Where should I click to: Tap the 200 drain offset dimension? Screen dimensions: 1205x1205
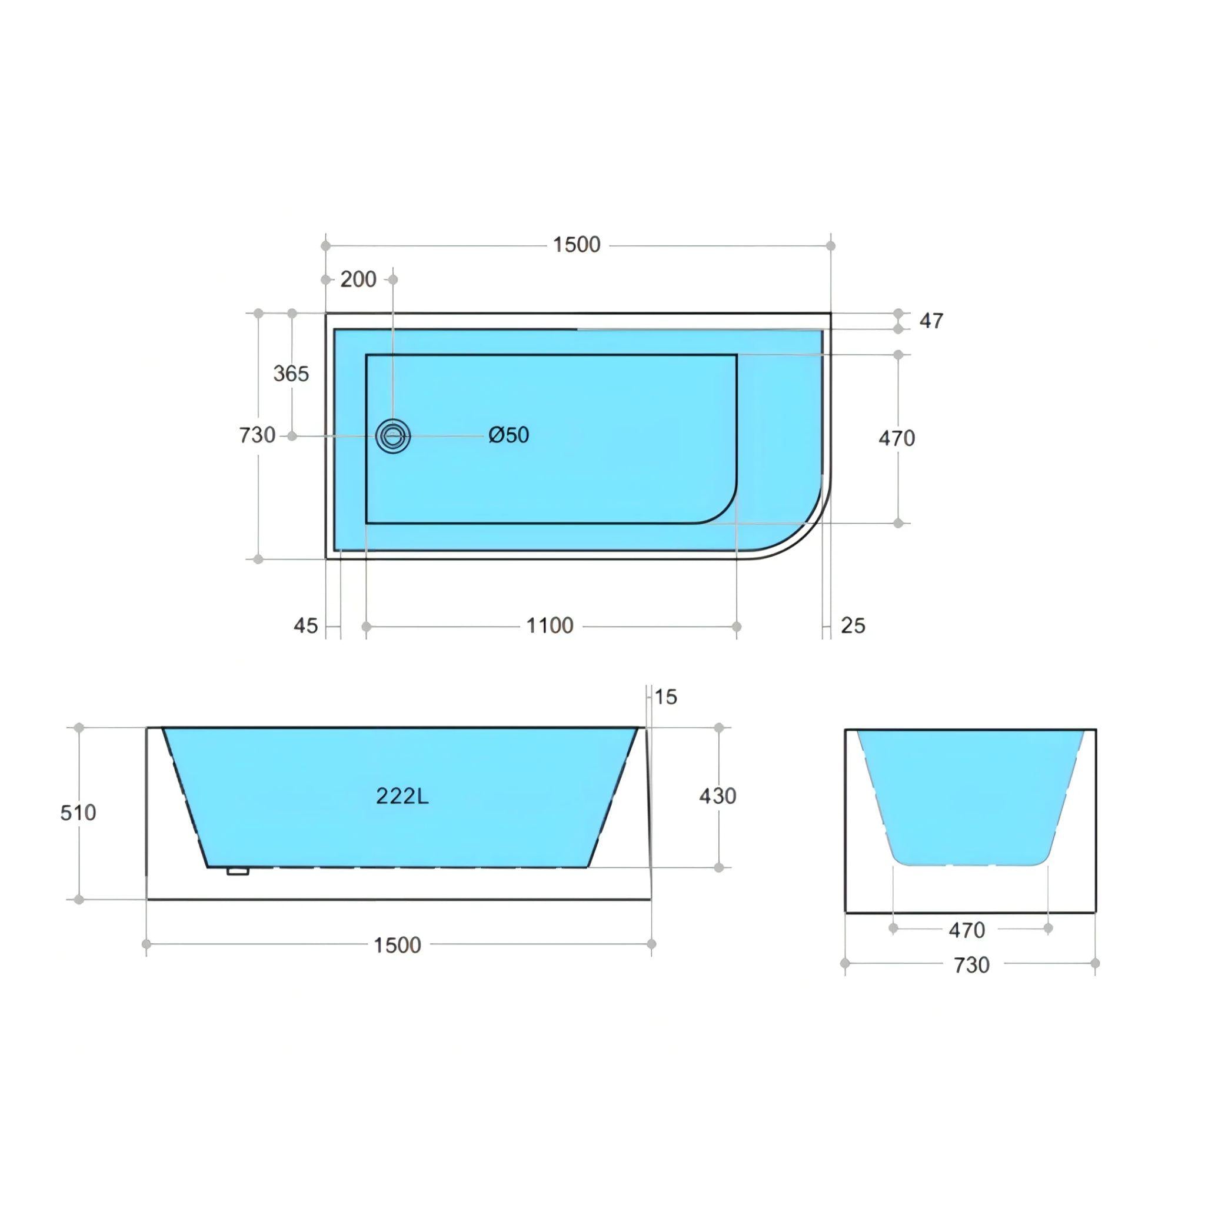358,279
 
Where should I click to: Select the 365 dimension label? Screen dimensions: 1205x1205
291,374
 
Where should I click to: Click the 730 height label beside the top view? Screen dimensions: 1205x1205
257,435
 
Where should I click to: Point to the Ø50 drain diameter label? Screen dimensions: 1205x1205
508,435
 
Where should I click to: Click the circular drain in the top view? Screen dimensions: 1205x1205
393,436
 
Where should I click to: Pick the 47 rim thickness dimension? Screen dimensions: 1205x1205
931,321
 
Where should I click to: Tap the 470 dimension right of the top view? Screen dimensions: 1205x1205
896,438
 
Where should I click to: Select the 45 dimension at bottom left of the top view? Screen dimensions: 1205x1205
305,625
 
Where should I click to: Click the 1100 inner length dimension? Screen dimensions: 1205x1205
550,625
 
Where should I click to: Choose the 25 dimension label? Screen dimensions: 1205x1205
853,625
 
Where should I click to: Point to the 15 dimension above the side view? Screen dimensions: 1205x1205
665,697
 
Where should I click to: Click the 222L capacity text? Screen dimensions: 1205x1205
402,796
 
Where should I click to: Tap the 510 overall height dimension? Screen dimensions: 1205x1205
78,813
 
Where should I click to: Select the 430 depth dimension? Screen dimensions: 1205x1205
717,796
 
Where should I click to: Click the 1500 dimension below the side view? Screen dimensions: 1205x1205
397,945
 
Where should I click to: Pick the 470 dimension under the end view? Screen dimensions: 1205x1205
966,931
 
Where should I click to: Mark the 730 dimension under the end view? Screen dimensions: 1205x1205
971,966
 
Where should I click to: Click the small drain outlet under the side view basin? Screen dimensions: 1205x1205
238,871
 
